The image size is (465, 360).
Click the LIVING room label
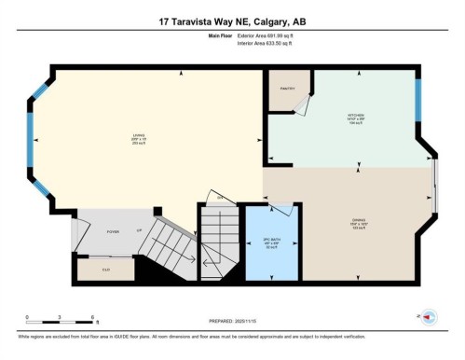click(137, 137)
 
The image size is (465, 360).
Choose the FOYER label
click(112, 231)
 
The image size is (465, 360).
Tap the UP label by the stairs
click(139, 228)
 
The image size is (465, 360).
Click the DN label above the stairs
click(220, 198)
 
